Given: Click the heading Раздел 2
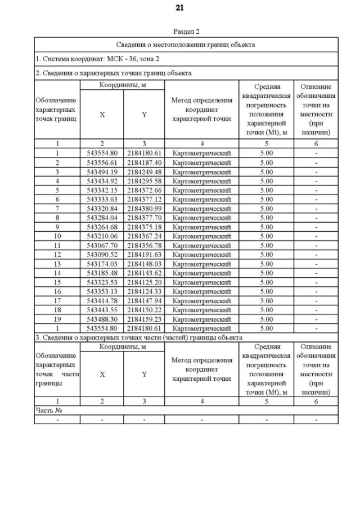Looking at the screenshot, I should point(186,32).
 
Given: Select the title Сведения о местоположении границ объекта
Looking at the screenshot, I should point(186,44).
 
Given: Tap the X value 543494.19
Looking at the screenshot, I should point(102,172).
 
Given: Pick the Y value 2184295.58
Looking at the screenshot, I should point(144,181).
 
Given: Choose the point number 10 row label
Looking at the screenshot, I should point(57,236).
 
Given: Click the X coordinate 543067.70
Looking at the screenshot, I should point(102,245).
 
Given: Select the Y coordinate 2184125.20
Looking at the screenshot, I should point(144,282).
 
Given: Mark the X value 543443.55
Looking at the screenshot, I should point(102,309).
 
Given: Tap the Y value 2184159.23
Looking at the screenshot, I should point(144,319).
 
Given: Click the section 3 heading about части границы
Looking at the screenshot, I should point(138,337).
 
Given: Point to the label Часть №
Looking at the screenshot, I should point(48,411).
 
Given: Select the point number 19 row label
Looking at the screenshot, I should point(57,319).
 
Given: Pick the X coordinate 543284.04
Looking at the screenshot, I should point(102,218).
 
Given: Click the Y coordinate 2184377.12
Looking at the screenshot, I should point(144,199).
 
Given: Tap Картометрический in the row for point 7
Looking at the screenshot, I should point(201,208).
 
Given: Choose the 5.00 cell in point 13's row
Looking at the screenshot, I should point(266,264).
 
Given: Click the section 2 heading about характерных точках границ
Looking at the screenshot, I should point(113,73).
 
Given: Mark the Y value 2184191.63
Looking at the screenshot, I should point(144,254).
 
